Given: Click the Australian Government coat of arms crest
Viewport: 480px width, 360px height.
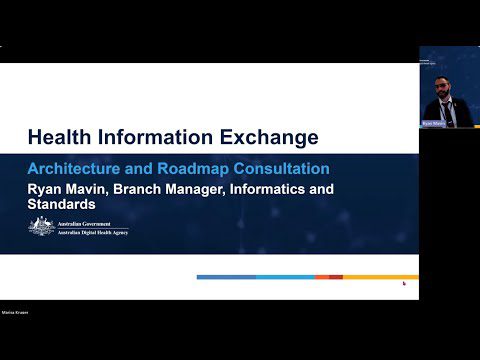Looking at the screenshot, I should point(41,227).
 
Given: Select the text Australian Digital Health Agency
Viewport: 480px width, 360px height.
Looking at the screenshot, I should point(92,232).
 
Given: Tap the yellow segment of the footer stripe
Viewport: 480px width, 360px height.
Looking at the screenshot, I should point(381,276).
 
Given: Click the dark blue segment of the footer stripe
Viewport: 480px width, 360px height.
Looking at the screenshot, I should point(225,276).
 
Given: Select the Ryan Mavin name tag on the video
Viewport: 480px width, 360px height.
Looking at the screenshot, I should point(432,124).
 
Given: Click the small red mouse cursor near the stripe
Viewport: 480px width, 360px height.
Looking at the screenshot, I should point(404,283).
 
